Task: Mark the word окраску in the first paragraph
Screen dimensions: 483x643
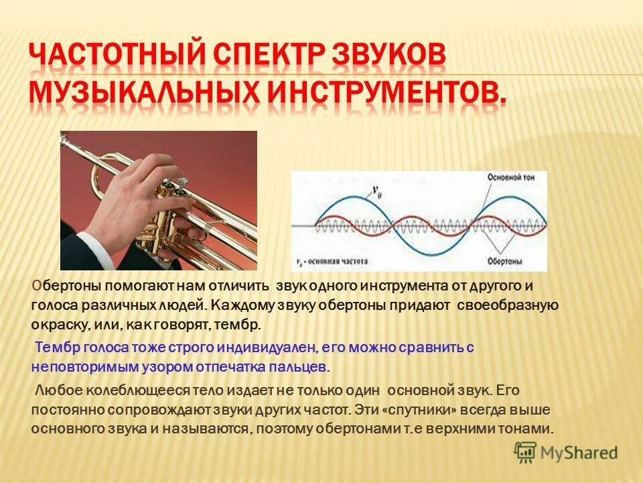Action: coord(58,325)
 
